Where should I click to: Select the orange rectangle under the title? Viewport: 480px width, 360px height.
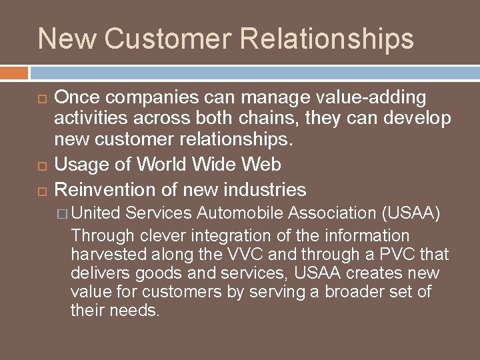(x=14, y=73)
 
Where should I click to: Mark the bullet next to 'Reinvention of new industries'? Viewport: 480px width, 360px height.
(x=42, y=191)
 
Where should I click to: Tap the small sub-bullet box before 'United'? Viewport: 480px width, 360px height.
(x=64, y=214)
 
